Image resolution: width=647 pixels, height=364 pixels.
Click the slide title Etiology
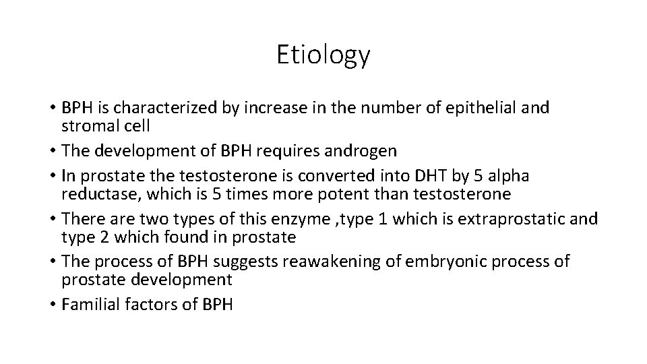point(323,55)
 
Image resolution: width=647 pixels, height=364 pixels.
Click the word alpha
point(507,176)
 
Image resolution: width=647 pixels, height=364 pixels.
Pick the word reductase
point(102,195)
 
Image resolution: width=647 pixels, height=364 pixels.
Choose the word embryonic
point(427,261)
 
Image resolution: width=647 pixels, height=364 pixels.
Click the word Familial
point(89,304)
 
